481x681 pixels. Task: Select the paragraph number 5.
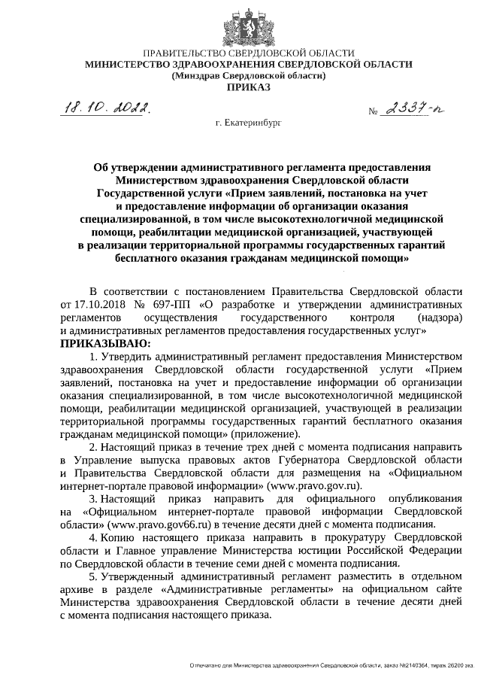coord(92,577)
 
